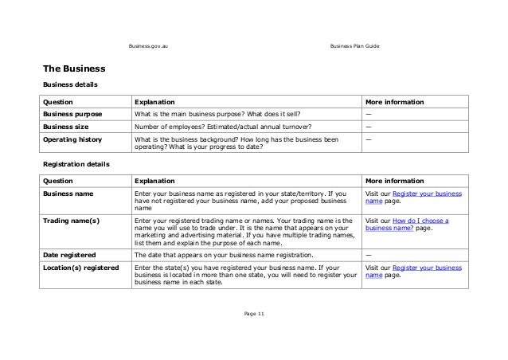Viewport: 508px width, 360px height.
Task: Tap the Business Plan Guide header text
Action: tap(354, 48)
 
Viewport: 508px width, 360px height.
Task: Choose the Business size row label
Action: tap(66, 126)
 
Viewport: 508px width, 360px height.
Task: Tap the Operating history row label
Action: tap(72, 139)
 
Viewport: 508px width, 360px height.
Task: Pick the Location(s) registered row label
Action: tap(80, 267)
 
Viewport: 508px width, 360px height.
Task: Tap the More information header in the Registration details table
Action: tap(393, 181)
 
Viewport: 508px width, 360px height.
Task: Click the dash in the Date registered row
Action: tap(367, 254)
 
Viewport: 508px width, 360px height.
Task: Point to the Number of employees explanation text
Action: tap(223, 126)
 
